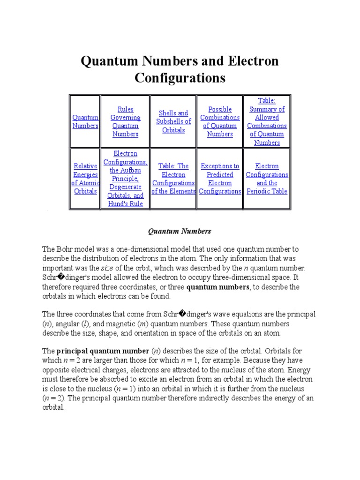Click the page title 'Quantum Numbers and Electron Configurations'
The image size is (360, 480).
[180, 69]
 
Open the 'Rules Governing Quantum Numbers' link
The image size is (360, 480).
[125, 121]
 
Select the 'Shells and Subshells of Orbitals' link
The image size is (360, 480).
[173, 121]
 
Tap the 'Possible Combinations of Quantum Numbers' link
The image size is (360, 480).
[220, 121]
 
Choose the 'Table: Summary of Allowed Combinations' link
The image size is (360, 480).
[267, 121]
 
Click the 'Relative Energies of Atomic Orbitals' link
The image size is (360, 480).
[85, 179]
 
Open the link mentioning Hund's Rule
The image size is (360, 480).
[125, 179]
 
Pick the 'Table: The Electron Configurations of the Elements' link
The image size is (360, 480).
[173, 179]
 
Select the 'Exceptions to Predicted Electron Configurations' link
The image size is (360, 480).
[220, 179]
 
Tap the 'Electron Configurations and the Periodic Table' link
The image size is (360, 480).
[267, 179]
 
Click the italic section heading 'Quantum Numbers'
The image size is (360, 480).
[180, 231]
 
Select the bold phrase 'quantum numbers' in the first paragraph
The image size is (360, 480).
[217, 287]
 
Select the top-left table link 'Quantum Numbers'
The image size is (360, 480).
[85, 122]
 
